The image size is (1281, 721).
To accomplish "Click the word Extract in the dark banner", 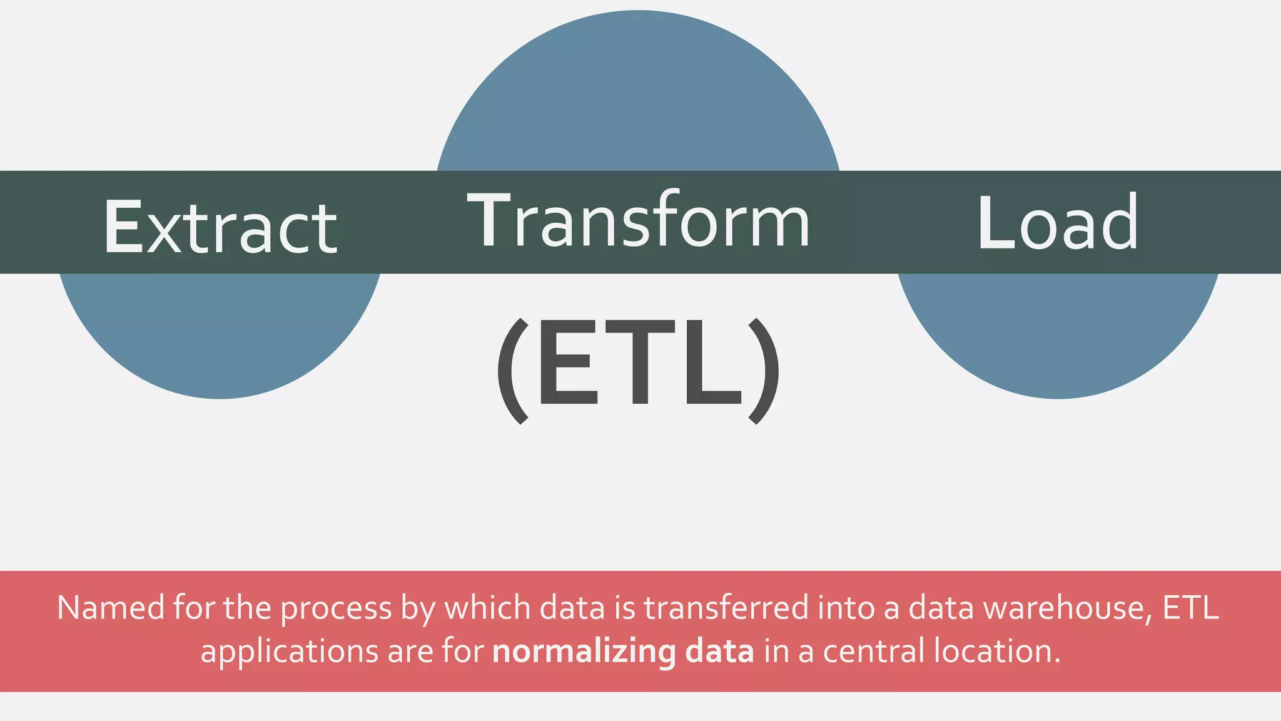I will (x=220, y=227).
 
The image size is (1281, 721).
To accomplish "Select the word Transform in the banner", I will (x=638, y=220).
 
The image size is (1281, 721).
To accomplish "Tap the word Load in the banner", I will (x=1058, y=223).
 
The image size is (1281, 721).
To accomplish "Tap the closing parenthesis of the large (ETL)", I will (x=764, y=371).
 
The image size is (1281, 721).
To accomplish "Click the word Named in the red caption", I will (x=111, y=608).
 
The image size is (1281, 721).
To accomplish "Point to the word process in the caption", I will (x=336, y=609).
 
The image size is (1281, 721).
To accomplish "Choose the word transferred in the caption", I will (x=726, y=608).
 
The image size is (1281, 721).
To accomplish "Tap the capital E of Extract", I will (x=123, y=227).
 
